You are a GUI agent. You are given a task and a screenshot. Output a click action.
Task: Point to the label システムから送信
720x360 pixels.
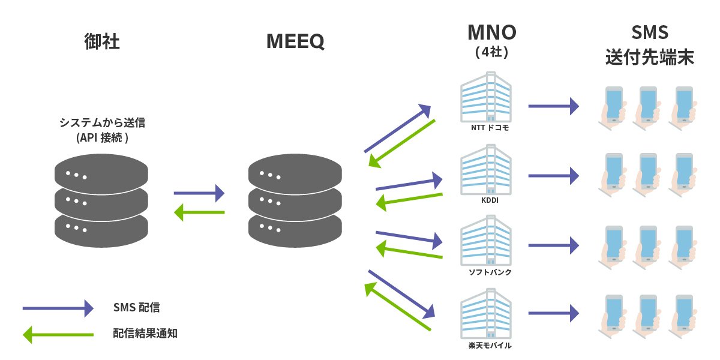pos(102,122)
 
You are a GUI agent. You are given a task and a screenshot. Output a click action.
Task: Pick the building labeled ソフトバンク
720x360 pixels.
pos(486,244)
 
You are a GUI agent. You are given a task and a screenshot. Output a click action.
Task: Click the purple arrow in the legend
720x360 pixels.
pos(58,308)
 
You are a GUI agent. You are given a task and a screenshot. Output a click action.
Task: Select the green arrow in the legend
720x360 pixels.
pos(58,334)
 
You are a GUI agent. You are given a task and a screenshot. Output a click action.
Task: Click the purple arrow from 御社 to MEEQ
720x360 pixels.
pos(199,193)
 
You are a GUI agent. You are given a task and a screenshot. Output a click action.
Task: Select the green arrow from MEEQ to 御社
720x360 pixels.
pos(199,212)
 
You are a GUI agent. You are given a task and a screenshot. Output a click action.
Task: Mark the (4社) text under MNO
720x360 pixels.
pos(491,52)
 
